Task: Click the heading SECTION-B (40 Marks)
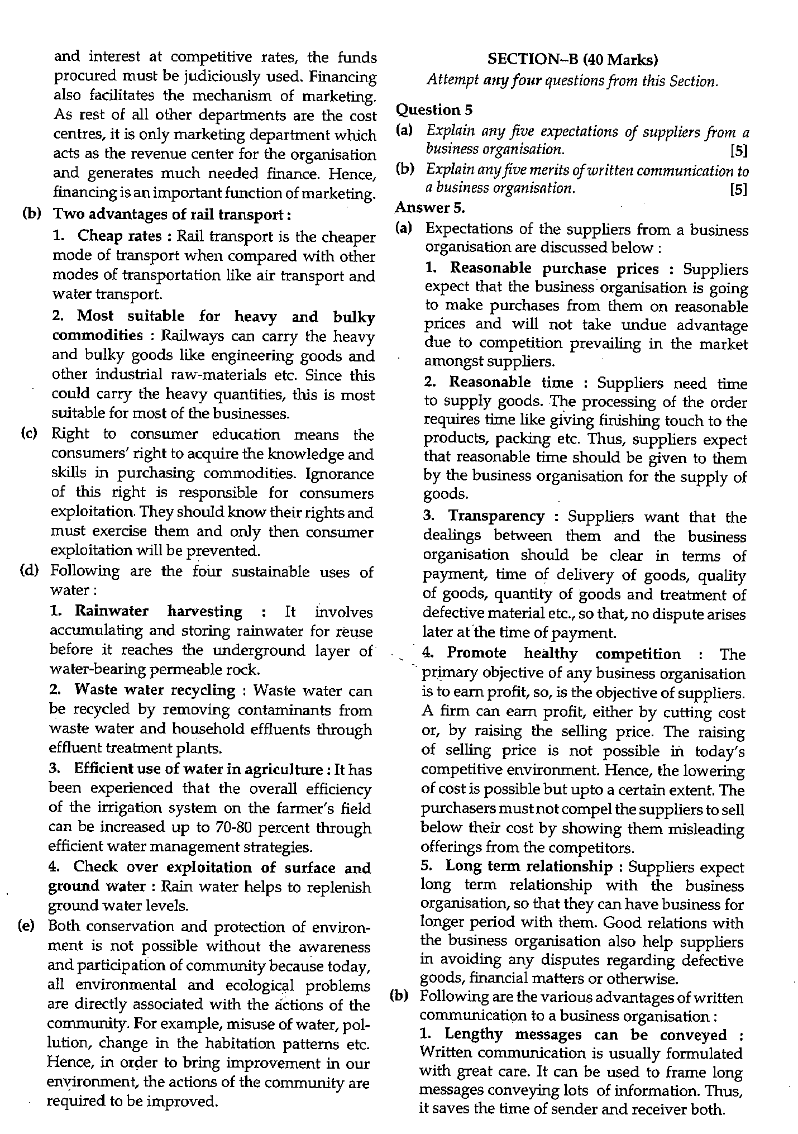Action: (572, 59)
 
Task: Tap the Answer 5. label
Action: (429, 207)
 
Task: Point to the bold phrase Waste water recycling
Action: (154, 690)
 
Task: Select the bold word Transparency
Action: (496, 516)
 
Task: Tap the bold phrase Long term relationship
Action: (528, 866)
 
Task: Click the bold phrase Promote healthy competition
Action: (563, 654)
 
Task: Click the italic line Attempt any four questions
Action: (572, 81)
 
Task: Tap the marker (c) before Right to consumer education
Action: (28, 434)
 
